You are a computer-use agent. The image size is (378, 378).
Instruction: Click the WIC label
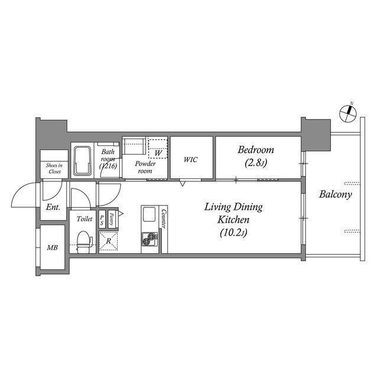[191, 159]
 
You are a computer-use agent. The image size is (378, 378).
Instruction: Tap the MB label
[53, 247]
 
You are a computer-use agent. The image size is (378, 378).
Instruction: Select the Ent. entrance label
[53, 208]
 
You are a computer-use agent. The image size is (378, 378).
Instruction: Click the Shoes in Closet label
[54, 168]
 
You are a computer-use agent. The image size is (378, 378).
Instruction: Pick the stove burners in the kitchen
[150, 238]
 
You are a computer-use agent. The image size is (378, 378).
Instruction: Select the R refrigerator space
[109, 240]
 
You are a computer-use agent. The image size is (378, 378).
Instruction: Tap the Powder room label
[145, 167]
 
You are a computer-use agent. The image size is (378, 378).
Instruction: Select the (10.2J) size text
[234, 232]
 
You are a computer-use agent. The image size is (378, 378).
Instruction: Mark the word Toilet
[84, 219]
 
